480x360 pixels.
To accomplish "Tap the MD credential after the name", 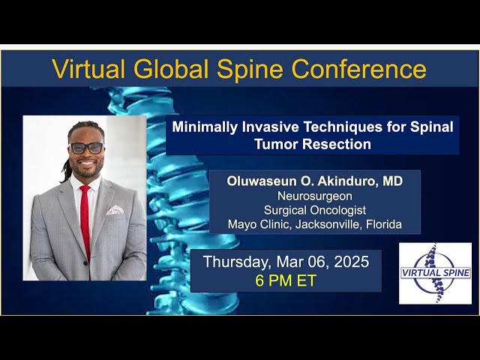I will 393,181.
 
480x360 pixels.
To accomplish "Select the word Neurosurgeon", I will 315,196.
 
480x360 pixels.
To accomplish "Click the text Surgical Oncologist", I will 315,210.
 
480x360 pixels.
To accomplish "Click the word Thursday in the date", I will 238,262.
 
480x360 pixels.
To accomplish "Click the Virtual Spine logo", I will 435,273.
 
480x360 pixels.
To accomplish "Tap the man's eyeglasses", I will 86,148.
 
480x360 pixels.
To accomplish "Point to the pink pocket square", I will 115,211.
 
